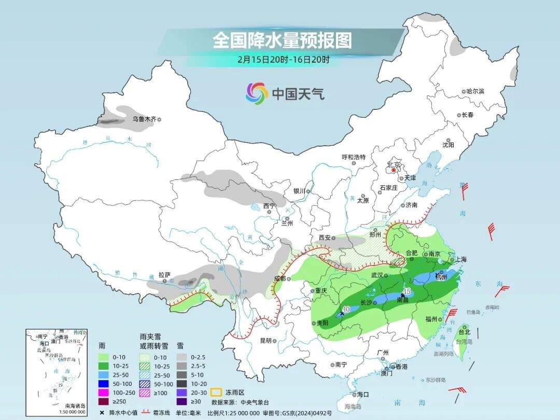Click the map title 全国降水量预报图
pos(282,40)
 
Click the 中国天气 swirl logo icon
pos(257,93)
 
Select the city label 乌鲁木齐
pos(144,119)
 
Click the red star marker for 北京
pos(394,170)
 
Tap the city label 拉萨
pos(164,274)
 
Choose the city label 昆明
pos(265,341)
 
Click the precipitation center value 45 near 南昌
pos(407,291)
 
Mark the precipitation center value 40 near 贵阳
pos(346,309)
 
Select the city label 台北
pos(464,332)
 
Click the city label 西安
pos(325,237)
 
